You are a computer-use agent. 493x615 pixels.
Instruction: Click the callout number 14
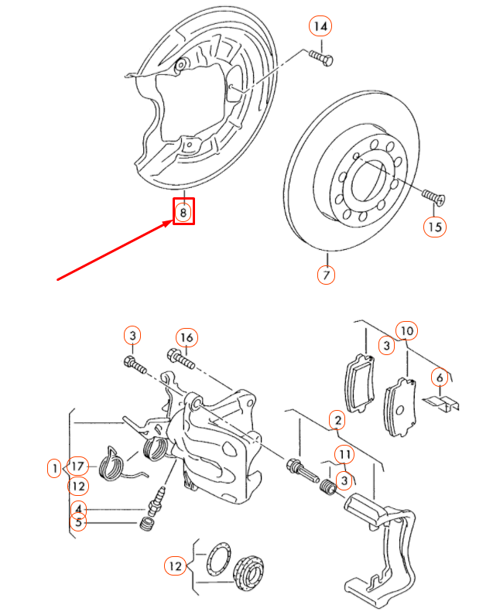[320, 26]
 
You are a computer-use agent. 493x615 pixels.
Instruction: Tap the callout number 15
[435, 226]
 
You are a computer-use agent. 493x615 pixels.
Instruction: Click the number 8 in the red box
[183, 211]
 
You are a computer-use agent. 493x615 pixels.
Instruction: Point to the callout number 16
[186, 337]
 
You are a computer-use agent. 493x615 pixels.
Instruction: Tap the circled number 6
[439, 378]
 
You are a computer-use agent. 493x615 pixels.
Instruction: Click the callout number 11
[344, 454]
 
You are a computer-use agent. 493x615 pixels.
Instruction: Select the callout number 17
[77, 466]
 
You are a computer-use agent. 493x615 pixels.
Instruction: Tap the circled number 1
[54, 467]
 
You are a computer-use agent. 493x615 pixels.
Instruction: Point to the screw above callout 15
[433, 196]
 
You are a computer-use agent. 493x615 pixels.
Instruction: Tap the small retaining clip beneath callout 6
[442, 404]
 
